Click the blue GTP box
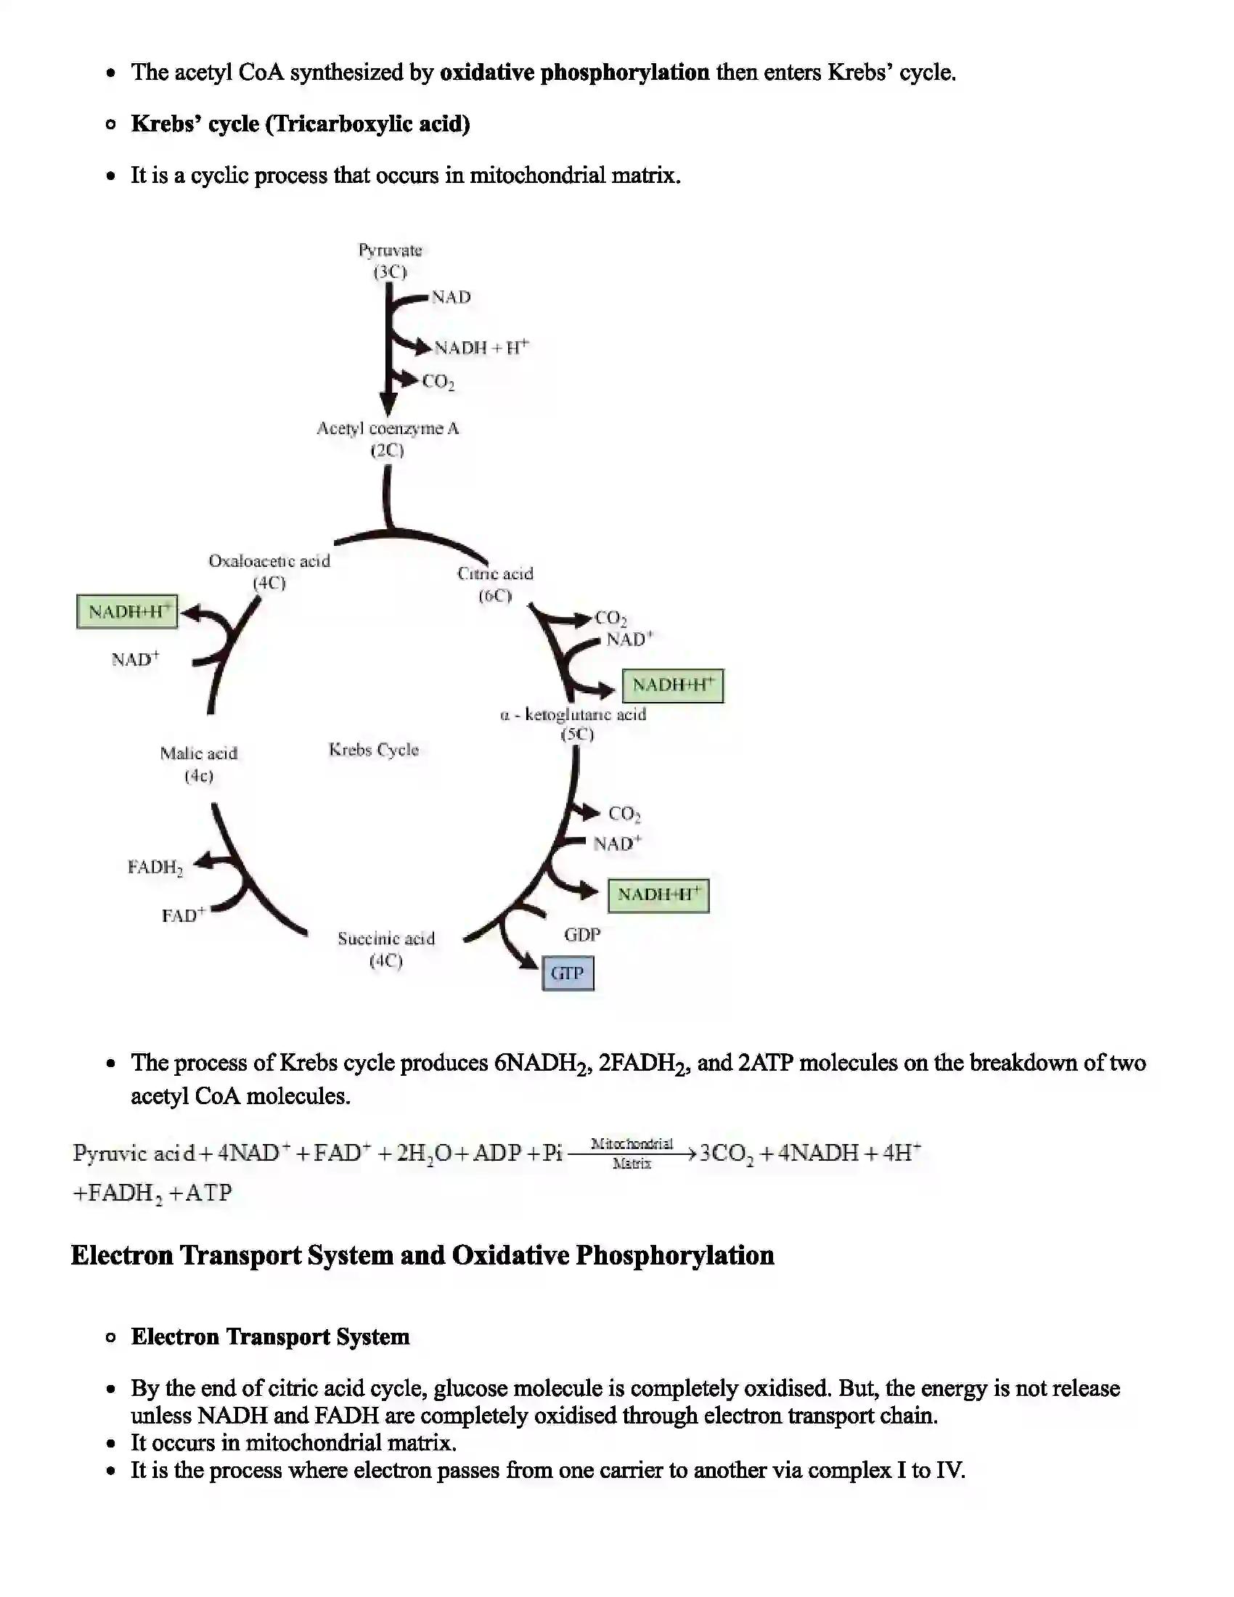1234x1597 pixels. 568,973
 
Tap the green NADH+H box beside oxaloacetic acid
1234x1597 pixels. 127,611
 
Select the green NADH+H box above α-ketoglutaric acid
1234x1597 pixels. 673,685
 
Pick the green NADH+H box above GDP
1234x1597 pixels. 658,895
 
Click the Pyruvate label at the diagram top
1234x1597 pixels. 390,251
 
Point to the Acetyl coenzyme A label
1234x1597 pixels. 388,428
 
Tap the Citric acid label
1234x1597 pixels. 496,574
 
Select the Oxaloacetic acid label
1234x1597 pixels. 269,561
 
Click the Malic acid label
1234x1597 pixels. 199,753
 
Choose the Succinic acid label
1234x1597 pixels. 386,938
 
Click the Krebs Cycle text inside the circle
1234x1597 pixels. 374,750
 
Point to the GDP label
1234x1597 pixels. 582,934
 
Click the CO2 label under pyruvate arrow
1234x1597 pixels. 438,382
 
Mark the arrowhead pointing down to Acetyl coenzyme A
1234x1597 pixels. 388,404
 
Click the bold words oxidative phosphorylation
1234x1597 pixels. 574,73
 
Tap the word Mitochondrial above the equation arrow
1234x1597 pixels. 632,1143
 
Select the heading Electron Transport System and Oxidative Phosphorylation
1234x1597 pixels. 422,1255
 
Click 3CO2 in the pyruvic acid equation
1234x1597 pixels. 726,1154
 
